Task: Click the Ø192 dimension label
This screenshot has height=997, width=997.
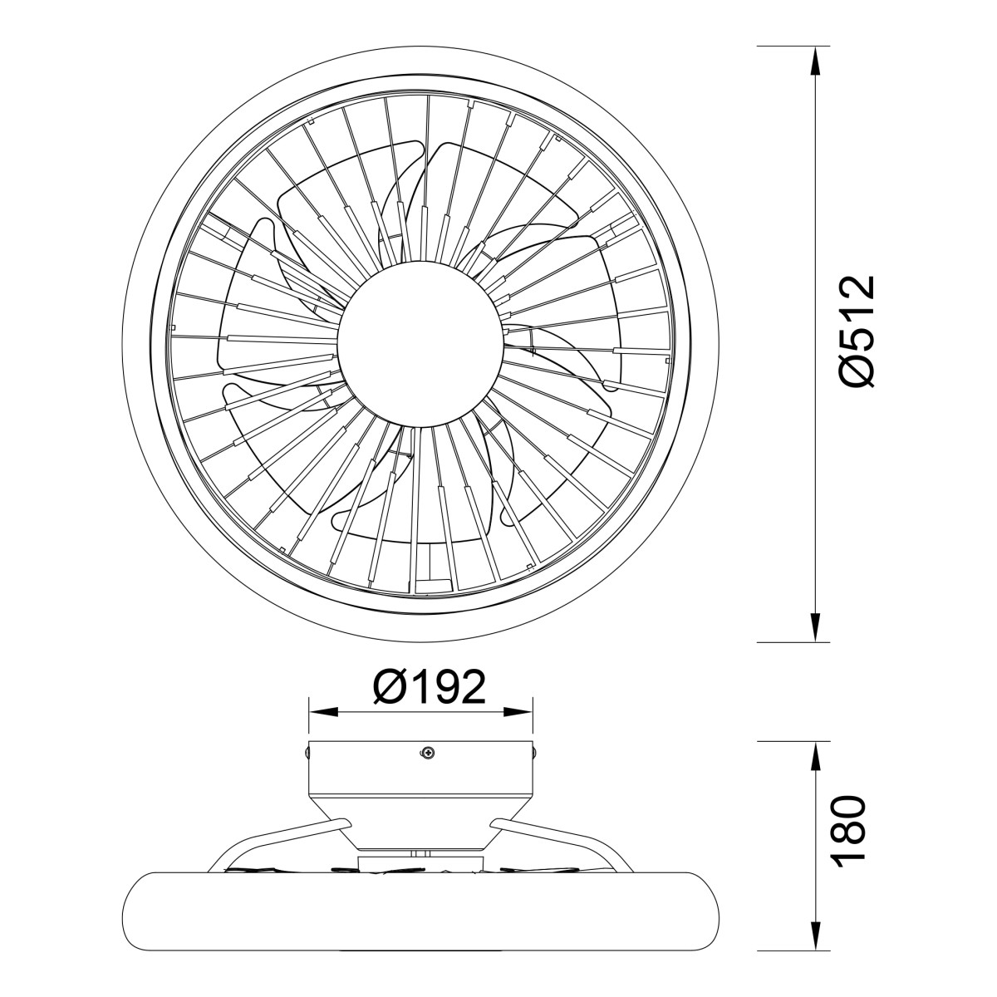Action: (430, 688)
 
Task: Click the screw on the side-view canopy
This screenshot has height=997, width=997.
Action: (427, 754)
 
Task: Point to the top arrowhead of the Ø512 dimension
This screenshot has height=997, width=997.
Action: (815, 61)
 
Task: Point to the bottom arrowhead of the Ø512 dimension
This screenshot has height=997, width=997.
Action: (815, 627)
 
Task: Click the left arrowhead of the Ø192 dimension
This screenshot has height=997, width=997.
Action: (323, 712)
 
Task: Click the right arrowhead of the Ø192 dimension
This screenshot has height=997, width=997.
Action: (518, 712)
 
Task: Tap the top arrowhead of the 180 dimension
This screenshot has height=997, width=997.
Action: (815, 756)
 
